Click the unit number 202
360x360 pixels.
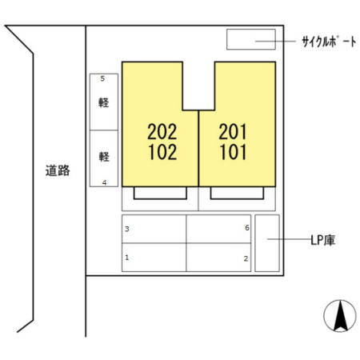(x=162, y=131)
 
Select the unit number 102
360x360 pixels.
(x=162, y=152)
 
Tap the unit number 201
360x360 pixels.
(x=233, y=131)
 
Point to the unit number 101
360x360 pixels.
(x=233, y=152)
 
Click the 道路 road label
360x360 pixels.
(x=58, y=170)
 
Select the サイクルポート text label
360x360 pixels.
(x=329, y=42)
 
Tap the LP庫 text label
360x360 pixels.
(x=322, y=240)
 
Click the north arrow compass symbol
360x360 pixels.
(x=340, y=316)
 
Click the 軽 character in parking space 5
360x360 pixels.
(x=104, y=102)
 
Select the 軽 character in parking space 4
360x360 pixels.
(x=104, y=157)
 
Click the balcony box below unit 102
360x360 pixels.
(x=160, y=198)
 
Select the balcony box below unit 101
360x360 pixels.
(x=237, y=198)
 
